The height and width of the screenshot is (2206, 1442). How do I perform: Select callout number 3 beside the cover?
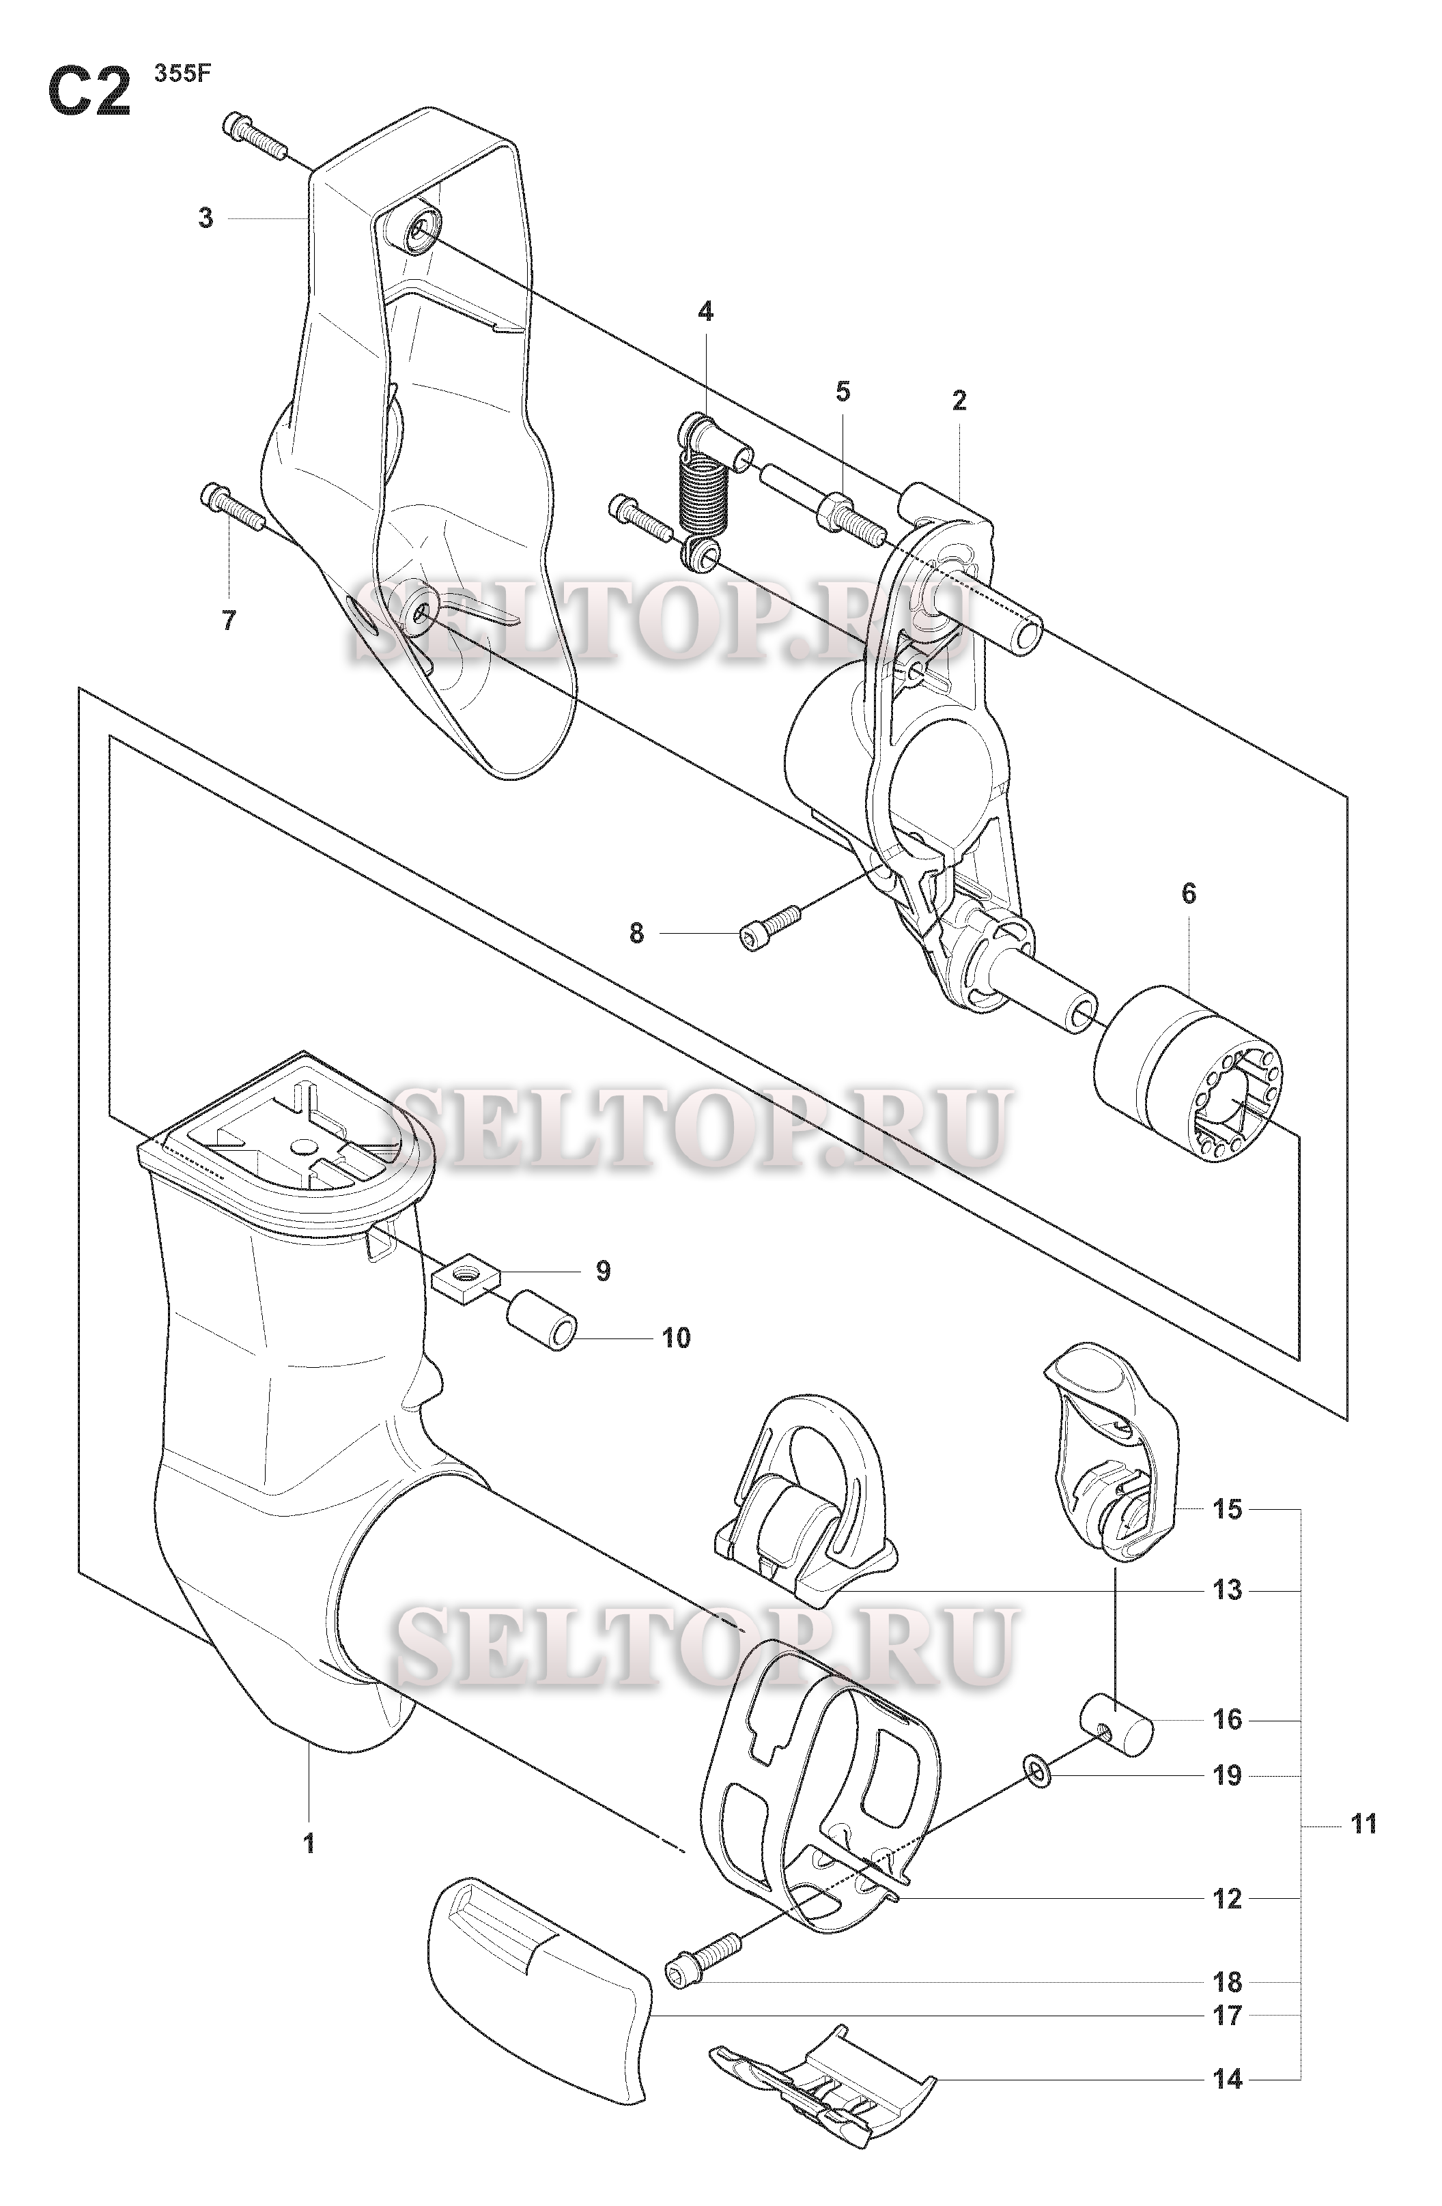coord(206,218)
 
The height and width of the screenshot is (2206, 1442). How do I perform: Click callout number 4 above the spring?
coord(706,311)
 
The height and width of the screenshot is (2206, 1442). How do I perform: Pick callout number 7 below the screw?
coord(229,620)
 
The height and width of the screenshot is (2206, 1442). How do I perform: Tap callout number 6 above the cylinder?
coord(1189,893)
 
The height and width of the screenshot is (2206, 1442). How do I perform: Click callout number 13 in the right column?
coord(1227,1590)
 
